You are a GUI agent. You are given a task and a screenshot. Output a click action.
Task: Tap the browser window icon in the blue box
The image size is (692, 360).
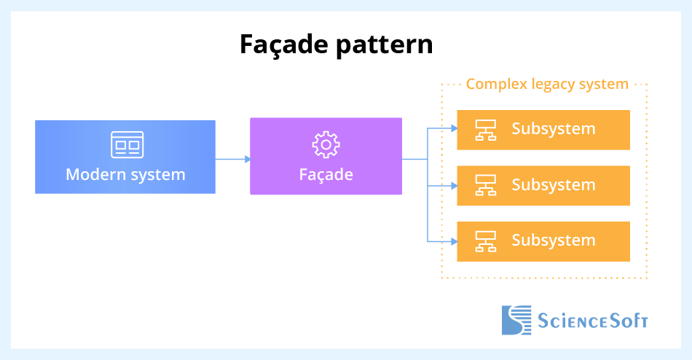coord(127,145)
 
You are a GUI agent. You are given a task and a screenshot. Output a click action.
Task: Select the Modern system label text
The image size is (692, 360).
coord(125,175)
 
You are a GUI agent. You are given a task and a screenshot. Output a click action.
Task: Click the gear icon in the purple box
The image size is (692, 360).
coord(326,145)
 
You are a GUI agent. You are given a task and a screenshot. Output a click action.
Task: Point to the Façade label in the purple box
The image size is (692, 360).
coord(326,175)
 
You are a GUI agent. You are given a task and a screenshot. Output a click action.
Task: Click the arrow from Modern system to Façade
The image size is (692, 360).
coord(233,158)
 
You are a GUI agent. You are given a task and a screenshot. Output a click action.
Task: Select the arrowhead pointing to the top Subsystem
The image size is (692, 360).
coord(453,130)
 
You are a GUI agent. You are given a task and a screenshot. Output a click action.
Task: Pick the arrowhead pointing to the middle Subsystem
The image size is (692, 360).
coord(453,186)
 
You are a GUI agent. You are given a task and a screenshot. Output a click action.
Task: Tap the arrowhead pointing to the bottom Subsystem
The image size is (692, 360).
coord(453,241)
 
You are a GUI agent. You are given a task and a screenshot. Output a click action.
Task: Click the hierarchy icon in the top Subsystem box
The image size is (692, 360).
coord(485,130)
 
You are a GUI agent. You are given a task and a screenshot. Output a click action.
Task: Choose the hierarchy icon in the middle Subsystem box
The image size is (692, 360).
coord(485,185)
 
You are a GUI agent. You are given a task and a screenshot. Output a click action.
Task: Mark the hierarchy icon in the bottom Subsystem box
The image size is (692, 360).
coord(485,240)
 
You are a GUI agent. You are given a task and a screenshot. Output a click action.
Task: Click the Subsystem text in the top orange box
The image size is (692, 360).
coord(553,129)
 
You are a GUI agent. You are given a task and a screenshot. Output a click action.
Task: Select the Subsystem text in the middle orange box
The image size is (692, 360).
coord(553,185)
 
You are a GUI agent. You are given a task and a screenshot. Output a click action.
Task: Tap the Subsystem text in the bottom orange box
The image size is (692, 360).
coord(553,240)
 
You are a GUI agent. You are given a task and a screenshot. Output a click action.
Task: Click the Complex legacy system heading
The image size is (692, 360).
coord(547,84)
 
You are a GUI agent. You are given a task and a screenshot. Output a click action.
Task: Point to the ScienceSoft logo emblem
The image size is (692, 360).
coord(516,320)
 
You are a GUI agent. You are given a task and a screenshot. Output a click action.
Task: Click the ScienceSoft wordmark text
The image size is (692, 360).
coord(592,321)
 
